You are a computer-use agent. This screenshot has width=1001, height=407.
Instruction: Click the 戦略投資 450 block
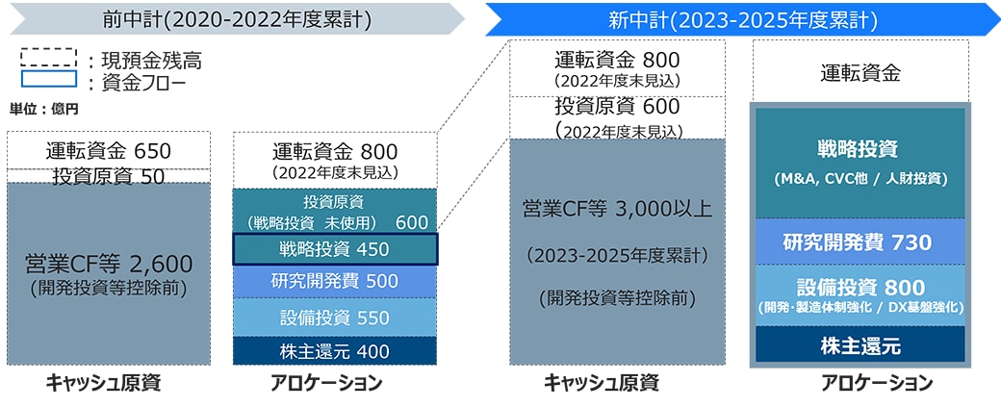(x=335, y=249)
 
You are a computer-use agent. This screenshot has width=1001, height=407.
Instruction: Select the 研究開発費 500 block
(x=335, y=281)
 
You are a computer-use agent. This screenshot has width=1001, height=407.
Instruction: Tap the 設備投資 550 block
(x=335, y=318)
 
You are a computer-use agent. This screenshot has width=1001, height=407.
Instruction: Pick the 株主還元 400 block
(x=335, y=351)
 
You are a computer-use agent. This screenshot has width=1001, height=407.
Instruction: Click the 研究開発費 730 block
(x=860, y=242)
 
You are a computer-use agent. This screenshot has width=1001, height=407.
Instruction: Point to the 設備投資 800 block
(x=860, y=295)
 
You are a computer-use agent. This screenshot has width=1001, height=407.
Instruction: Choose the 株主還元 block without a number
(x=860, y=345)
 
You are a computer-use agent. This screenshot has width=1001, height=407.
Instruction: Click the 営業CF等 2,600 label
(x=109, y=264)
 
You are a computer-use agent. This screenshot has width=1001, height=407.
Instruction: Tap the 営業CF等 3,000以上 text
(x=617, y=209)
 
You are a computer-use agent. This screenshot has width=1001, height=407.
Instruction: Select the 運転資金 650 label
(x=109, y=151)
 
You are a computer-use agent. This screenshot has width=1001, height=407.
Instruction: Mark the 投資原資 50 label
(x=109, y=176)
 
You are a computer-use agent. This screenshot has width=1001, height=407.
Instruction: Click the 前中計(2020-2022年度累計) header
(x=237, y=19)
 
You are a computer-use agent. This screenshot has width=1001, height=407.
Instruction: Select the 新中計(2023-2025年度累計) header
(x=742, y=19)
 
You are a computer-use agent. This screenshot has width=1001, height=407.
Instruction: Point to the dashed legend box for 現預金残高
(x=48, y=58)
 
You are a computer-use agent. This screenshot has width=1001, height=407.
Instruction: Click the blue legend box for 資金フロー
(x=48, y=79)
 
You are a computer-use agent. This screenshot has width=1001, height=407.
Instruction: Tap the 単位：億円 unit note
(x=44, y=109)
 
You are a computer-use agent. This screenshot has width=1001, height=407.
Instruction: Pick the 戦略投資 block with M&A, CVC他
(x=860, y=164)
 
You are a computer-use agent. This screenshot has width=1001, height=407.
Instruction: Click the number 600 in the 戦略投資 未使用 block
(x=412, y=222)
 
